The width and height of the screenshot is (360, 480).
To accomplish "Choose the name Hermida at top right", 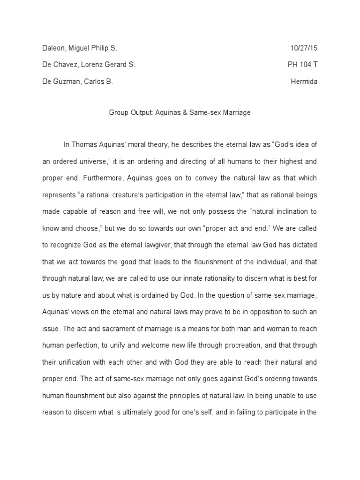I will (304, 81).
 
